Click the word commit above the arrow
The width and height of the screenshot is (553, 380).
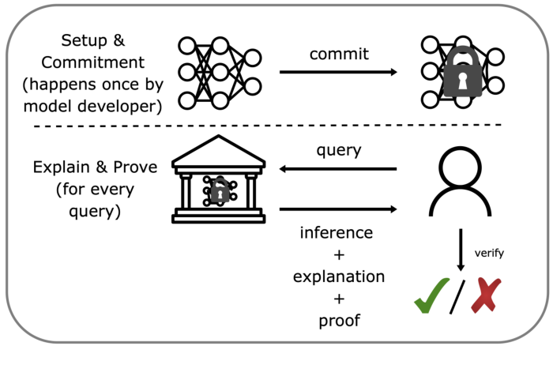337,54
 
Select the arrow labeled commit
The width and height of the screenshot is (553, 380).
338,73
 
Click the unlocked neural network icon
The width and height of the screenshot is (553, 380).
220,73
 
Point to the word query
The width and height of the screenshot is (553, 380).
338,150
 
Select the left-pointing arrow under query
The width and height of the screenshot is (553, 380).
338,168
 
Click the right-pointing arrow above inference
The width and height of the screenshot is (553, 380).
338,209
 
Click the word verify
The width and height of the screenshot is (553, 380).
489,253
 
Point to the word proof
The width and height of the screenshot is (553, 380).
338,320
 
